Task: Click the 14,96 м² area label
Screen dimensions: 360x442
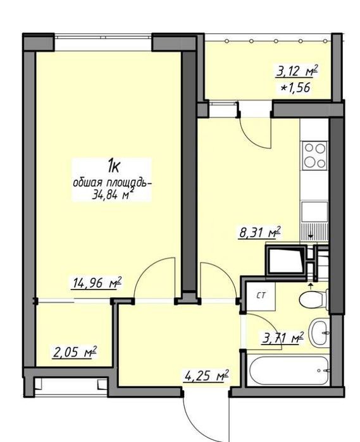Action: coord(97,283)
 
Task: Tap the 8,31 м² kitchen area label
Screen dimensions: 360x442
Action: coord(259,233)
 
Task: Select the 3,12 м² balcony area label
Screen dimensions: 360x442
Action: coord(297,71)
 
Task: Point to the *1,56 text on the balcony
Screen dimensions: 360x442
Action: coord(295,88)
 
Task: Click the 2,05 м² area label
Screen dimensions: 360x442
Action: coord(75,352)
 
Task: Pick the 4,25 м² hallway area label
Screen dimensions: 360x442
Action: coord(206,376)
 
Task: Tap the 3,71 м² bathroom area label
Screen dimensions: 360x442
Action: coord(283,338)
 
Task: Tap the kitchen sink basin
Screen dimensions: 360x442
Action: coord(314,211)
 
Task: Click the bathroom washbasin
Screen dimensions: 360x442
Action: coord(319,333)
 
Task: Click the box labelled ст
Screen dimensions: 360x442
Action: coord(261,297)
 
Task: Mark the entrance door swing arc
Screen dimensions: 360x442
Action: coord(197,423)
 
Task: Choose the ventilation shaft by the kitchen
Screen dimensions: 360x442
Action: coord(286,260)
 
